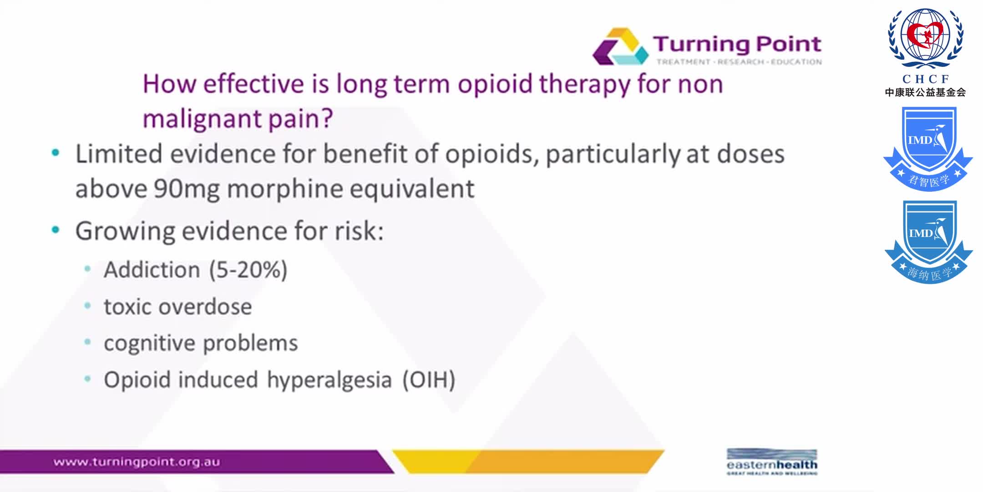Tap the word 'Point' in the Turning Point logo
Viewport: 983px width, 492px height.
click(x=788, y=44)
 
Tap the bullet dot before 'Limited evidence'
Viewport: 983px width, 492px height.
click(x=56, y=153)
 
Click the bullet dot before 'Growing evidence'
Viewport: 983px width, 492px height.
click(x=56, y=230)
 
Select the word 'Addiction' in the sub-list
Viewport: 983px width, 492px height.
click(x=152, y=270)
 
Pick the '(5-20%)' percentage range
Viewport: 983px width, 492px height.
click(x=248, y=270)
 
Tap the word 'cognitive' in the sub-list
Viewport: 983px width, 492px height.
click(x=148, y=343)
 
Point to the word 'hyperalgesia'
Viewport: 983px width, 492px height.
click(x=329, y=380)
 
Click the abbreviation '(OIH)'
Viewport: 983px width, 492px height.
click(x=429, y=380)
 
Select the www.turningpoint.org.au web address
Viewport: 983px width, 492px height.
click(x=137, y=462)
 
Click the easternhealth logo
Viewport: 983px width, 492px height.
click(x=772, y=462)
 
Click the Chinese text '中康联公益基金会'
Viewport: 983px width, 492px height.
click(x=925, y=92)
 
